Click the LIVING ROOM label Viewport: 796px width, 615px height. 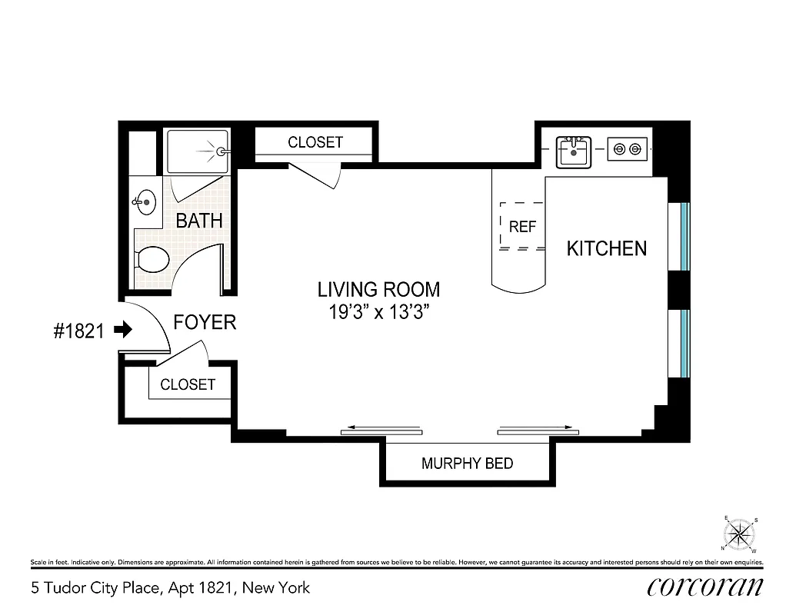378,290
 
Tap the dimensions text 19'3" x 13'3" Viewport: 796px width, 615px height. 378,313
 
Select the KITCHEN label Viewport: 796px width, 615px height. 606,248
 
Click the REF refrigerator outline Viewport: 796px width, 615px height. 522,227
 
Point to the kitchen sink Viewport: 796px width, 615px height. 573,151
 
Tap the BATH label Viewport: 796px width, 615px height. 199,221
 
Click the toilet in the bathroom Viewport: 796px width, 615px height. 152,260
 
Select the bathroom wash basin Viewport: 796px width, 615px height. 145,203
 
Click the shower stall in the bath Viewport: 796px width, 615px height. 198,151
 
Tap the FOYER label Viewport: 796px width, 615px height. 205,322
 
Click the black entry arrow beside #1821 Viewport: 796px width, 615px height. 122,330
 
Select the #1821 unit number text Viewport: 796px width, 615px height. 78,331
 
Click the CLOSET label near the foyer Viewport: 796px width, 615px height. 188,384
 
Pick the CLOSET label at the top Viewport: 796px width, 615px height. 315,142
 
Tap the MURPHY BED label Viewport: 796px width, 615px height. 467,464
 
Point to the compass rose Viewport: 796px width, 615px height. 739,534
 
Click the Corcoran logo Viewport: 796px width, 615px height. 705,587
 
